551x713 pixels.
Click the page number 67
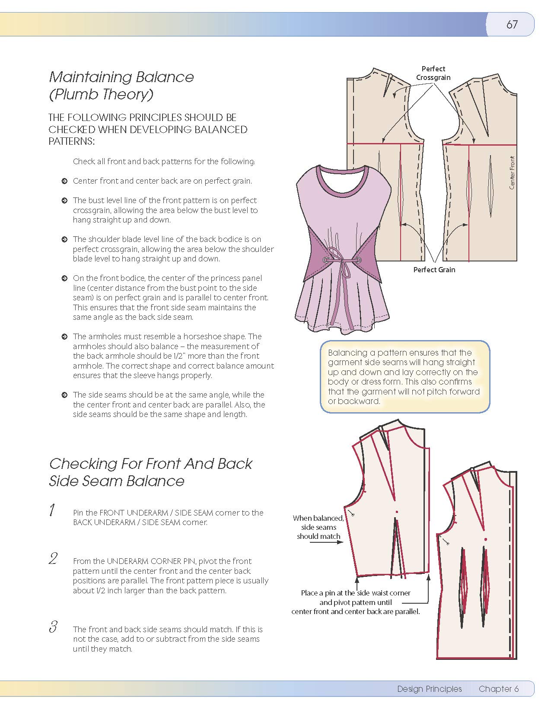[512, 25]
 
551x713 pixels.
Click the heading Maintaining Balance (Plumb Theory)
[121, 86]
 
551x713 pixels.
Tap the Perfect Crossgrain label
[433, 73]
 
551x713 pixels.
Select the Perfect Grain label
[434, 270]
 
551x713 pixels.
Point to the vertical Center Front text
[512, 172]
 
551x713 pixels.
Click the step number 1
[52, 510]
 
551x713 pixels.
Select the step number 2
[53, 558]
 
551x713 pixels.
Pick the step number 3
[53, 627]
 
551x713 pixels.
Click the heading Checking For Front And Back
[150, 464]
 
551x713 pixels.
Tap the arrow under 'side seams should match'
[326, 542]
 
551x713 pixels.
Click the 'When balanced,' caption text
[318, 518]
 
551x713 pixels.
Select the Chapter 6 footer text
[498, 689]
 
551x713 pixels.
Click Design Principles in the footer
[429, 689]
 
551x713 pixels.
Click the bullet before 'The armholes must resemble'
[64, 337]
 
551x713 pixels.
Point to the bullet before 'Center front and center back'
[64, 181]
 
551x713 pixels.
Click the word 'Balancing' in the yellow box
[347, 353]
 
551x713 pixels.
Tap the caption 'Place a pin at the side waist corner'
[355, 593]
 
